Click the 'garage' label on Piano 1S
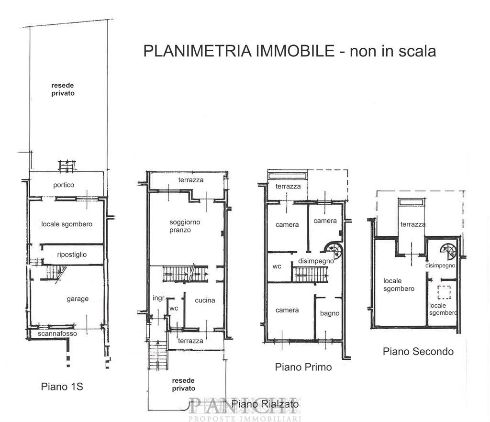[78, 299]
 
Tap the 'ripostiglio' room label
[72, 255]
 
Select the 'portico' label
[64, 185]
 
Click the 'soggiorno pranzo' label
[185, 226]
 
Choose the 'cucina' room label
[205, 300]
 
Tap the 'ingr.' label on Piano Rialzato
[159, 298]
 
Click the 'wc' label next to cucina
[174, 308]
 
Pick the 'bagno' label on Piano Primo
[330, 313]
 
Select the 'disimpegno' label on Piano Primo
[316, 261]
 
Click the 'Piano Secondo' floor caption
[418, 352]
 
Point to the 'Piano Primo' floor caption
[303, 367]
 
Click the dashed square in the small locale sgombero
[444, 292]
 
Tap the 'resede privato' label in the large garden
[63, 89]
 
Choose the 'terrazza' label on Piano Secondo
[413, 224]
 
